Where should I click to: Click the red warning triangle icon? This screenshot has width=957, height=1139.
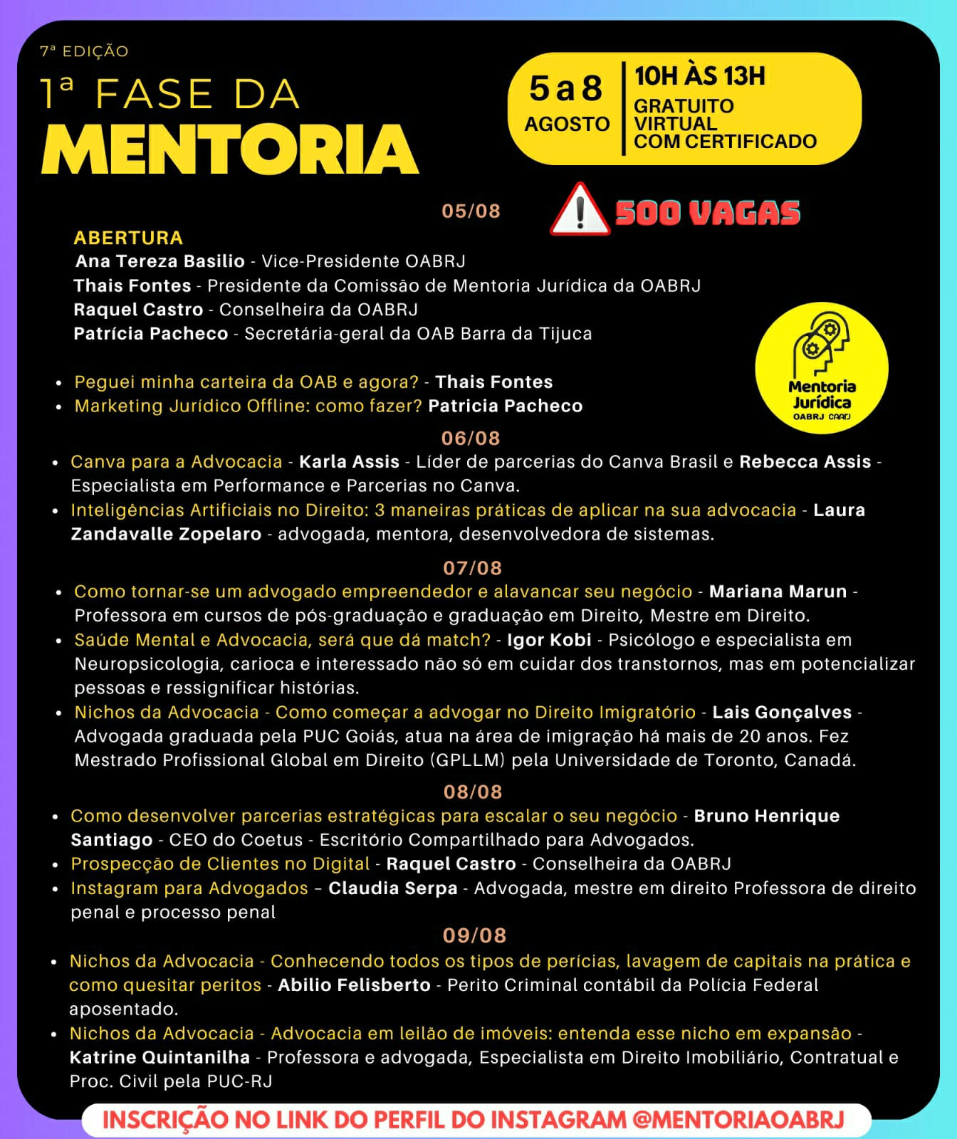580,211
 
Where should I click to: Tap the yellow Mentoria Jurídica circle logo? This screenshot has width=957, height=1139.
822,367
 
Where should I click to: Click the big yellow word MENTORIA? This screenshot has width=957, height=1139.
230,149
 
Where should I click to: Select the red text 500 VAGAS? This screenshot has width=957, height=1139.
707,213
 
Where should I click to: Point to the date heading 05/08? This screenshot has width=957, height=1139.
471,211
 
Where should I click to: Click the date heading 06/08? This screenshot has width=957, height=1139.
471,438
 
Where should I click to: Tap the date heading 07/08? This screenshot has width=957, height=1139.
473,568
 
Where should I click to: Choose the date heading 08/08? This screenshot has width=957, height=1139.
473,792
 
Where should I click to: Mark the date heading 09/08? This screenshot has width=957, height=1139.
474,935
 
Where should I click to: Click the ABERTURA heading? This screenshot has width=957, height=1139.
128,238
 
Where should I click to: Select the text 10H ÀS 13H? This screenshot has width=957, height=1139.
699,76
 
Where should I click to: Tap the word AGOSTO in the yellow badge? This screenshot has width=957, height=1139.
567,124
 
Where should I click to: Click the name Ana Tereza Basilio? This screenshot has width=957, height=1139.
160,261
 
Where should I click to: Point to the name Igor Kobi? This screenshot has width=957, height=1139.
549,640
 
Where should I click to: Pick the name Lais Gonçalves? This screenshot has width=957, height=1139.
782,712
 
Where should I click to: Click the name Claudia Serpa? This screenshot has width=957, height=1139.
393,888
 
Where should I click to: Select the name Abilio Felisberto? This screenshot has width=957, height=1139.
354,985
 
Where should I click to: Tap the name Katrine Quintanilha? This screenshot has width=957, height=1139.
159,1057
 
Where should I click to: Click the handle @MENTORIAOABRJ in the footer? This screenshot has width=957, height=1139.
738,1120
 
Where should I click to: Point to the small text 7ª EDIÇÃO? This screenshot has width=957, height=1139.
84,51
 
